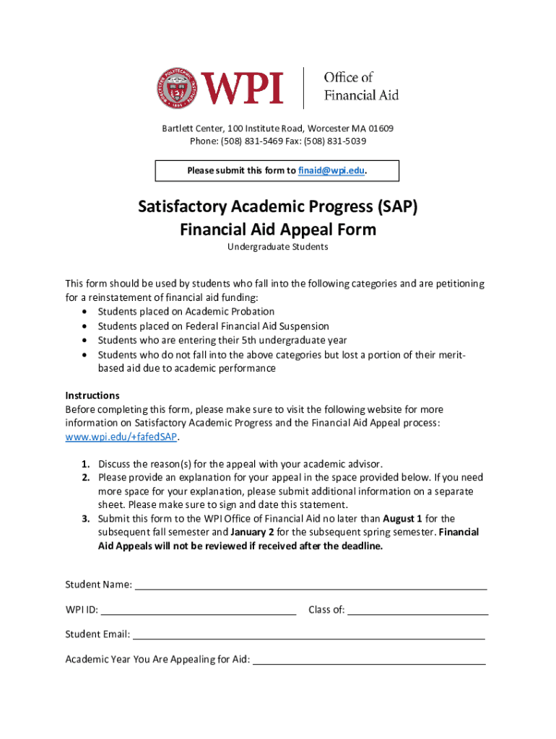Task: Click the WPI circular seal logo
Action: (x=176, y=88)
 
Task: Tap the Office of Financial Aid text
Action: (x=360, y=86)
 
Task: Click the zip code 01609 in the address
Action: (x=381, y=128)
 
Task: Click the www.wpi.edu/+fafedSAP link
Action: (x=121, y=437)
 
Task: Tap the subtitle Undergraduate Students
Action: (x=278, y=247)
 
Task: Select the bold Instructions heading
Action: (x=92, y=395)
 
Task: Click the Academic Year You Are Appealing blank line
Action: (x=369, y=662)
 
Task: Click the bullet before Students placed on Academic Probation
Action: (x=86, y=312)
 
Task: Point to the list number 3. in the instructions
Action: (x=85, y=518)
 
